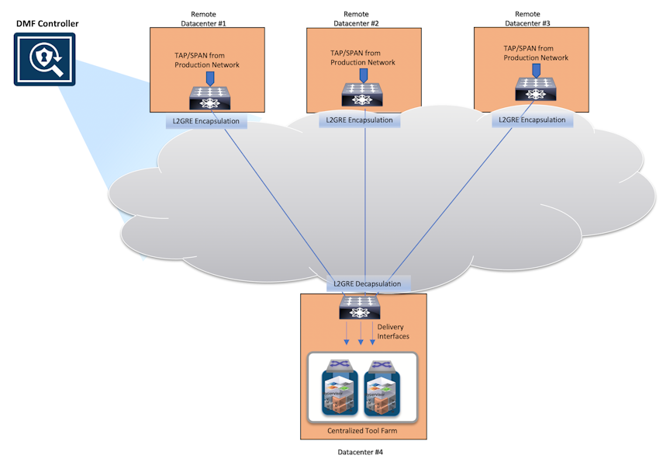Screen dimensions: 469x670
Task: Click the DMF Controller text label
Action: [x=47, y=23]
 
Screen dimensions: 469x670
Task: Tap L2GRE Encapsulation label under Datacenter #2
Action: [x=359, y=120]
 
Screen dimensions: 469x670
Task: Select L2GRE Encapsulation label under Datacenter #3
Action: [x=532, y=120]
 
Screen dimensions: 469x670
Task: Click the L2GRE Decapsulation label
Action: [x=368, y=283]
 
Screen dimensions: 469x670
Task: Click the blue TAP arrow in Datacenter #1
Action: [x=208, y=79]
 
